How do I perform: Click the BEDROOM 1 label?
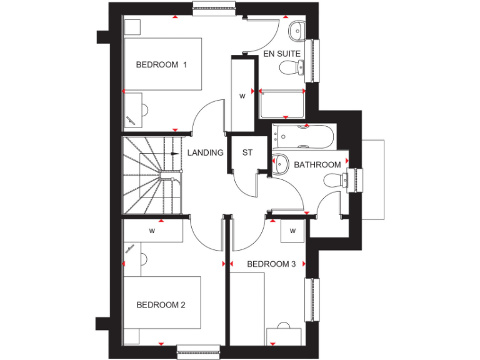pos(161,64)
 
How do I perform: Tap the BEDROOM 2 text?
pos(161,305)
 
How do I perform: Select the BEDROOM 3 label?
pos(271,264)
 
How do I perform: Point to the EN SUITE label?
pos(282,54)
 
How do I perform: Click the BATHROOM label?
pos(317,165)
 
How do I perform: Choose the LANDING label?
pos(206,152)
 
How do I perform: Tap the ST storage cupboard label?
pos(247,152)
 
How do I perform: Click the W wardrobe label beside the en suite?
pos(242,96)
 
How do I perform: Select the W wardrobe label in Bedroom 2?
pos(152,231)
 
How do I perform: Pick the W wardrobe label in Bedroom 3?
pos(292,231)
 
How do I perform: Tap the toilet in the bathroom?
pos(335,181)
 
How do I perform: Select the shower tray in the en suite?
pos(282,104)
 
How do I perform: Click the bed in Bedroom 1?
pos(162,64)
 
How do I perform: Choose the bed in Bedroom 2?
pos(162,309)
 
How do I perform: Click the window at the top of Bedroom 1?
pos(214,8)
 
